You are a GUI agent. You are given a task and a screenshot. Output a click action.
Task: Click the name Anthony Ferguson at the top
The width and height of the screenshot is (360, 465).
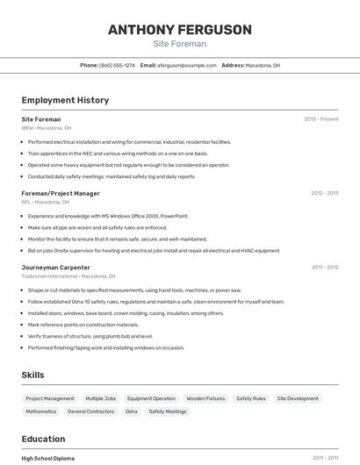coord(179,30)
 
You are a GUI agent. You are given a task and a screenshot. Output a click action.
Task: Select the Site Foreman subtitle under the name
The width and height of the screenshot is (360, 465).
coord(179,44)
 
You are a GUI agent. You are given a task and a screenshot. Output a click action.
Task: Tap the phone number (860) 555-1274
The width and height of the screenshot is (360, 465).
coord(117,65)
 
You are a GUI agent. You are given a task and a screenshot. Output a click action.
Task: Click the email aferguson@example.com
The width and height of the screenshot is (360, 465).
coord(187,65)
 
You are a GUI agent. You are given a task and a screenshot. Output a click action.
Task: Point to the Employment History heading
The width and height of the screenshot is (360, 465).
coord(65,100)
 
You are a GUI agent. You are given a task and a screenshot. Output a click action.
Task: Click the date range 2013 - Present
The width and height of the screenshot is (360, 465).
coord(321,118)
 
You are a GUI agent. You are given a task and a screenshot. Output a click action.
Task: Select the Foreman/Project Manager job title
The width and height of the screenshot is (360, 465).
coord(61,193)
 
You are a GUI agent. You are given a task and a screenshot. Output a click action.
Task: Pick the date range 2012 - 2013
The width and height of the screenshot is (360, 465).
coord(325,193)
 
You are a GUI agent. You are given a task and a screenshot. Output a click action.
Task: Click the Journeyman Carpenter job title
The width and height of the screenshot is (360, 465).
coord(56,267)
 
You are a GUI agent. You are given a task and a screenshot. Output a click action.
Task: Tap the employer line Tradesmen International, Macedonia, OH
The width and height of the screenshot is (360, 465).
coord(68,275)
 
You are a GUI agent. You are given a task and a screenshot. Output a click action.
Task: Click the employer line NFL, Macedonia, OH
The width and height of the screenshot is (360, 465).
coord(46,202)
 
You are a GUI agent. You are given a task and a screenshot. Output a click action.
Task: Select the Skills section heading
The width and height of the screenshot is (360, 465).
coord(32,375)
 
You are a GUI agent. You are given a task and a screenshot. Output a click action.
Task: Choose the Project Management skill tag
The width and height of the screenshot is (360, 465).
coord(50,398)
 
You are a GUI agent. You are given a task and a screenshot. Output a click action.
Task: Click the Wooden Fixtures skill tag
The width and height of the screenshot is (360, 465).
coord(205,398)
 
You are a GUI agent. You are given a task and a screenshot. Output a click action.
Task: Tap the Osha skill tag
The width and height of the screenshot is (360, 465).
coord(131,411)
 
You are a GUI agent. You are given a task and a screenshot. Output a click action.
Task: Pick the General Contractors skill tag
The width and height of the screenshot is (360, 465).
coord(90,411)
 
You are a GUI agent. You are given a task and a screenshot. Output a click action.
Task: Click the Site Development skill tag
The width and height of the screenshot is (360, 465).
coord(298,398)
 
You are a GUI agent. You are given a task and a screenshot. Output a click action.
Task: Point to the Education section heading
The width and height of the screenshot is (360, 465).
coord(43,439)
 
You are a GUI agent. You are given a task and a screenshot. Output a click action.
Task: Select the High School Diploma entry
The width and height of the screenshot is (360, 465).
coord(48,458)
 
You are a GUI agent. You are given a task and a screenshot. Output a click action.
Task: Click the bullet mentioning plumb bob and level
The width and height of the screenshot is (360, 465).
coord(90,336)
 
